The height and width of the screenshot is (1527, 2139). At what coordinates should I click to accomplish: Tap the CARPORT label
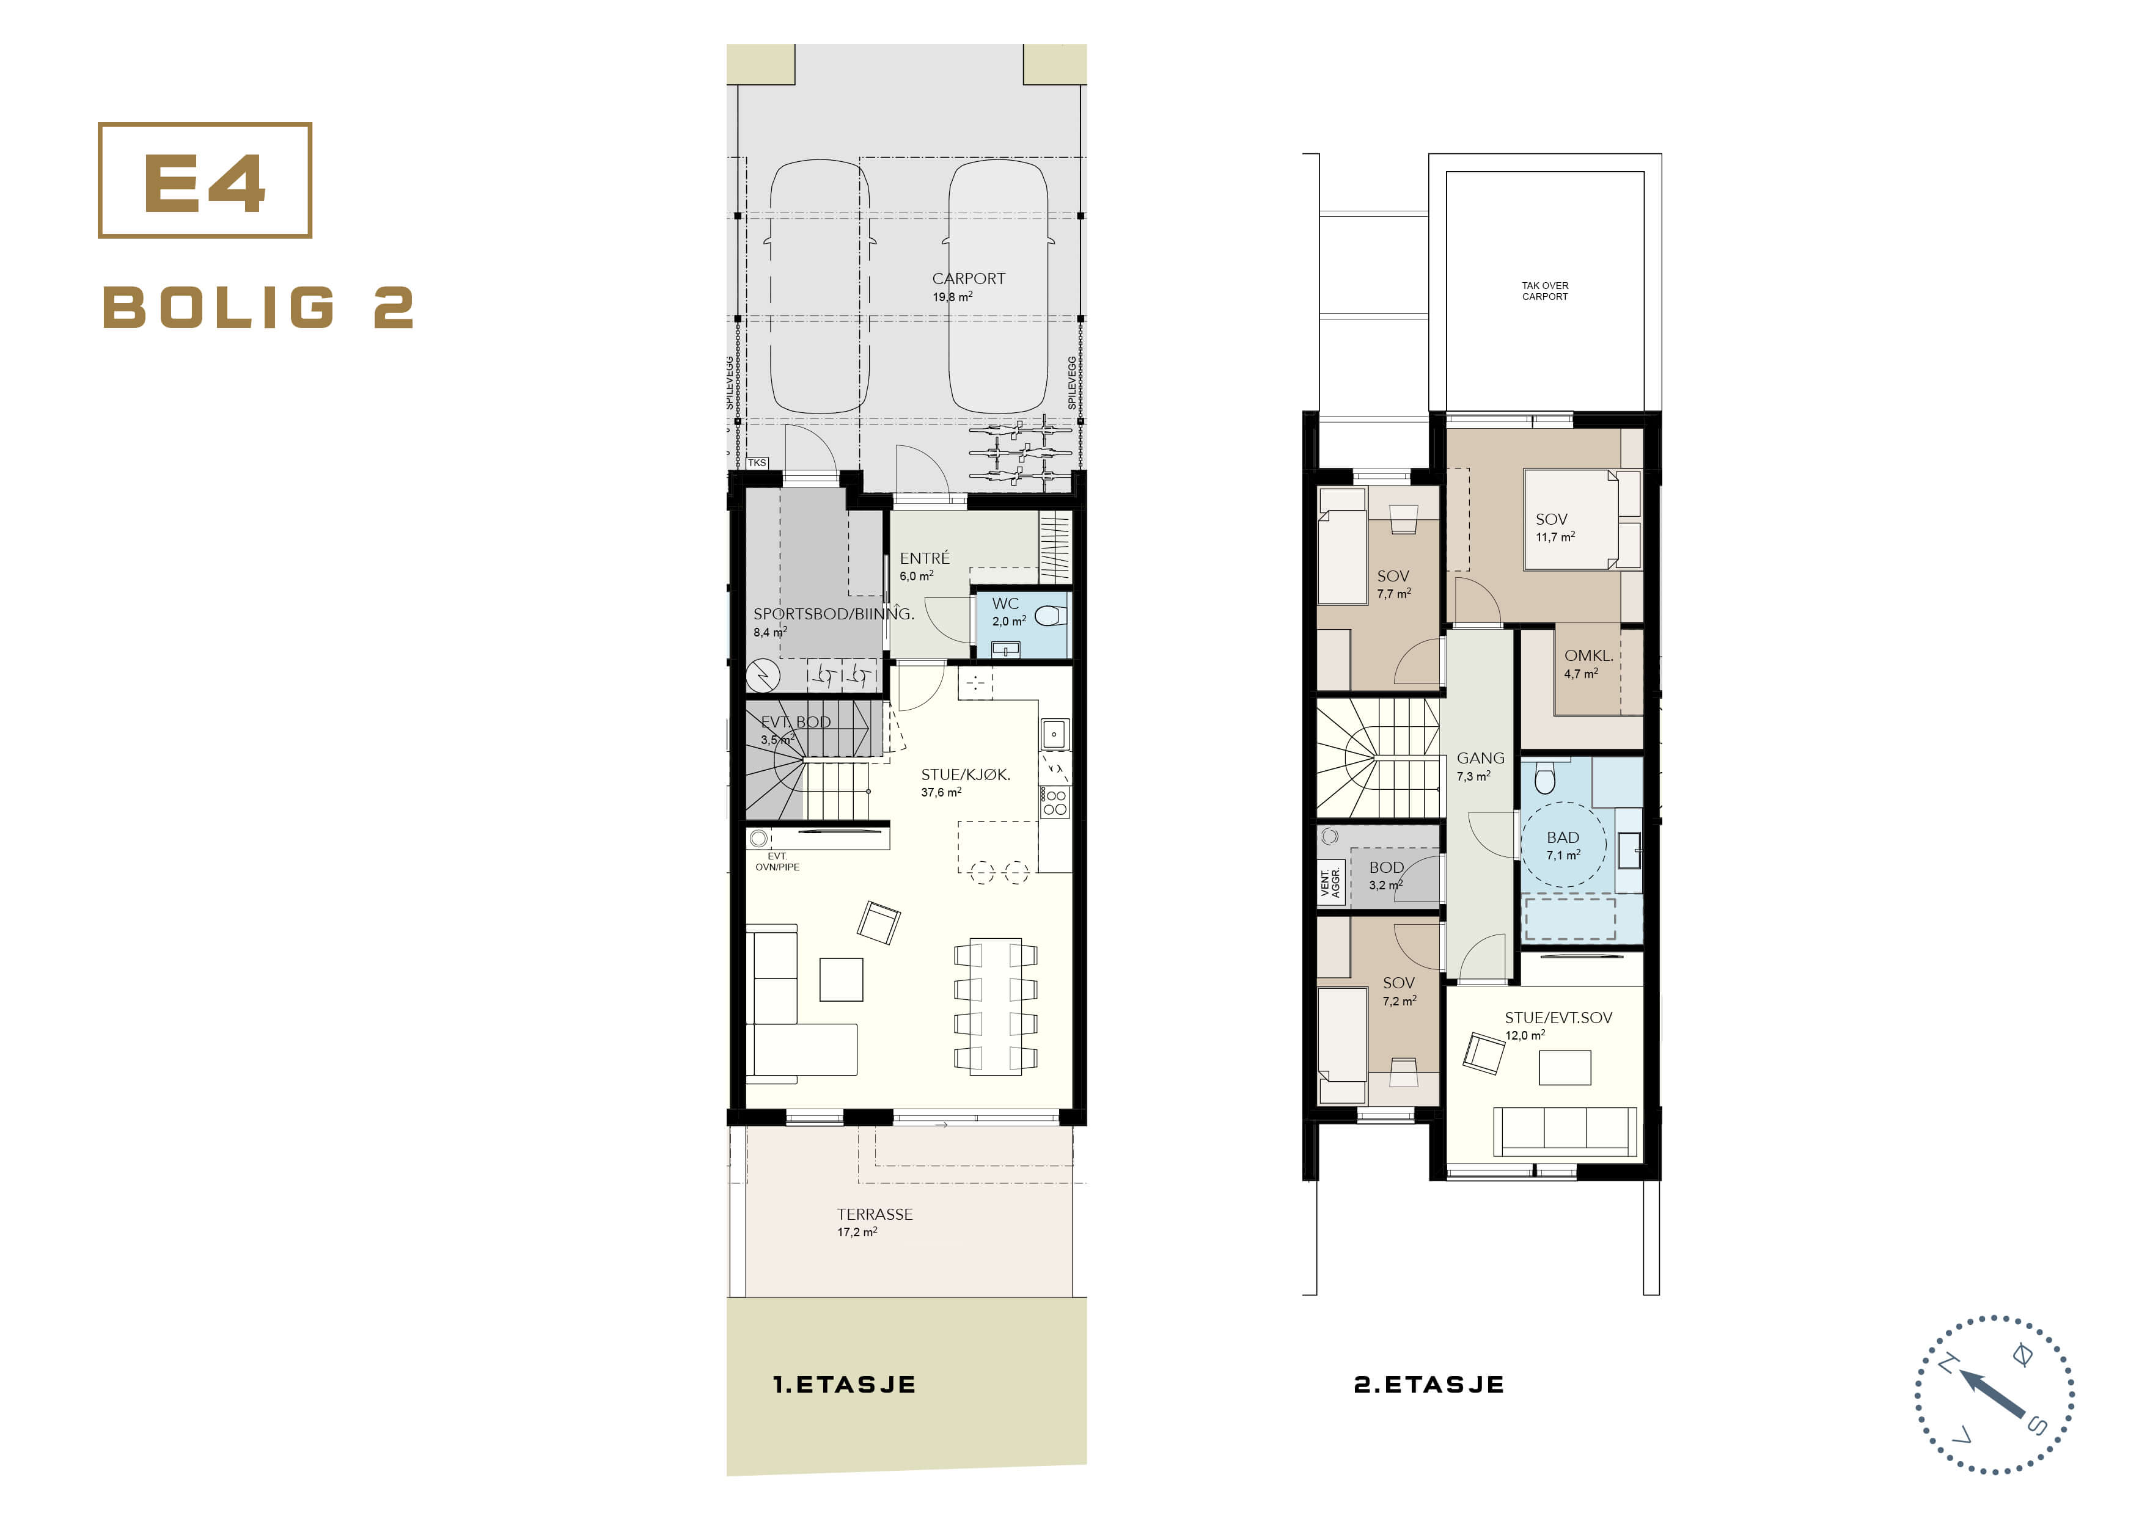(968, 279)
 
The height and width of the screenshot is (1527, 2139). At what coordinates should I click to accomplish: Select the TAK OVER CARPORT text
(1544, 291)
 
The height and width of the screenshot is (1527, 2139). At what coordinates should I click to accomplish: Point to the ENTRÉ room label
(923, 558)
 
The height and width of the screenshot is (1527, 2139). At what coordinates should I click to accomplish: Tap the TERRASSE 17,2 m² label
(874, 1222)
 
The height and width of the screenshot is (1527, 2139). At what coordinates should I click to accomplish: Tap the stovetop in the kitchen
(1054, 802)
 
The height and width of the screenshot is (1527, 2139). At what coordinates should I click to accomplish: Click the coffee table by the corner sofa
(841, 979)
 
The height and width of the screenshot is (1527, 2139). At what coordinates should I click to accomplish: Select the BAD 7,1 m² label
(1563, 845)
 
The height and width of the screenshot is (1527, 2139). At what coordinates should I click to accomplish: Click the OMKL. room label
(1588, 655)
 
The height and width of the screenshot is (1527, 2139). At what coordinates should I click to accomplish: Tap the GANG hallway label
(1480, 758)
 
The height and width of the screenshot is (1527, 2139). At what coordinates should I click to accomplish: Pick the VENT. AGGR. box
(1330, 884)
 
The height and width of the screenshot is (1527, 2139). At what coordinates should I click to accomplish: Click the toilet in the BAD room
(1544, 777)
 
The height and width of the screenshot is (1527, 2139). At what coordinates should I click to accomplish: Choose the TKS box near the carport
(757, 462)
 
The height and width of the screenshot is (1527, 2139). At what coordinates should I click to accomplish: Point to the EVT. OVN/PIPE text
(777, 861)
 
